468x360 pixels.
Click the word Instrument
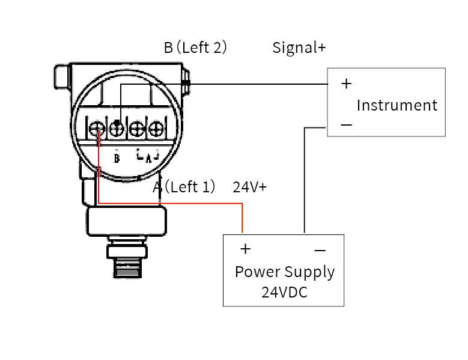coord(397,105)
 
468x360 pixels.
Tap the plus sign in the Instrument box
coord(346,84)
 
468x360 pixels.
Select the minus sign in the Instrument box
coord(346,125)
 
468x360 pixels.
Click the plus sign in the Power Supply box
coord(245,249)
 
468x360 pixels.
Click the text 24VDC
coord(284,293)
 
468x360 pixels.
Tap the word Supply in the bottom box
coord(309,273)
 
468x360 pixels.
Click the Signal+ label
coord(299,47)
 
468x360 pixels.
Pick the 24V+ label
coord(249,187)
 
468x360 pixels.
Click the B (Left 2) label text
coord(195,47)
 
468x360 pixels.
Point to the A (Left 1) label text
coord(184,187)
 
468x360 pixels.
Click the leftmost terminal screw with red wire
coord(96,128)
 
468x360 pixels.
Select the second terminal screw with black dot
coord(117,127)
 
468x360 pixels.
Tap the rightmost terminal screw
coord(156,128)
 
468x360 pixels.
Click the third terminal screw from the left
coord(137,128)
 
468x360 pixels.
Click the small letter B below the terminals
coord(117,159)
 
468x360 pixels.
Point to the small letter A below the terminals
coord(148,158)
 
